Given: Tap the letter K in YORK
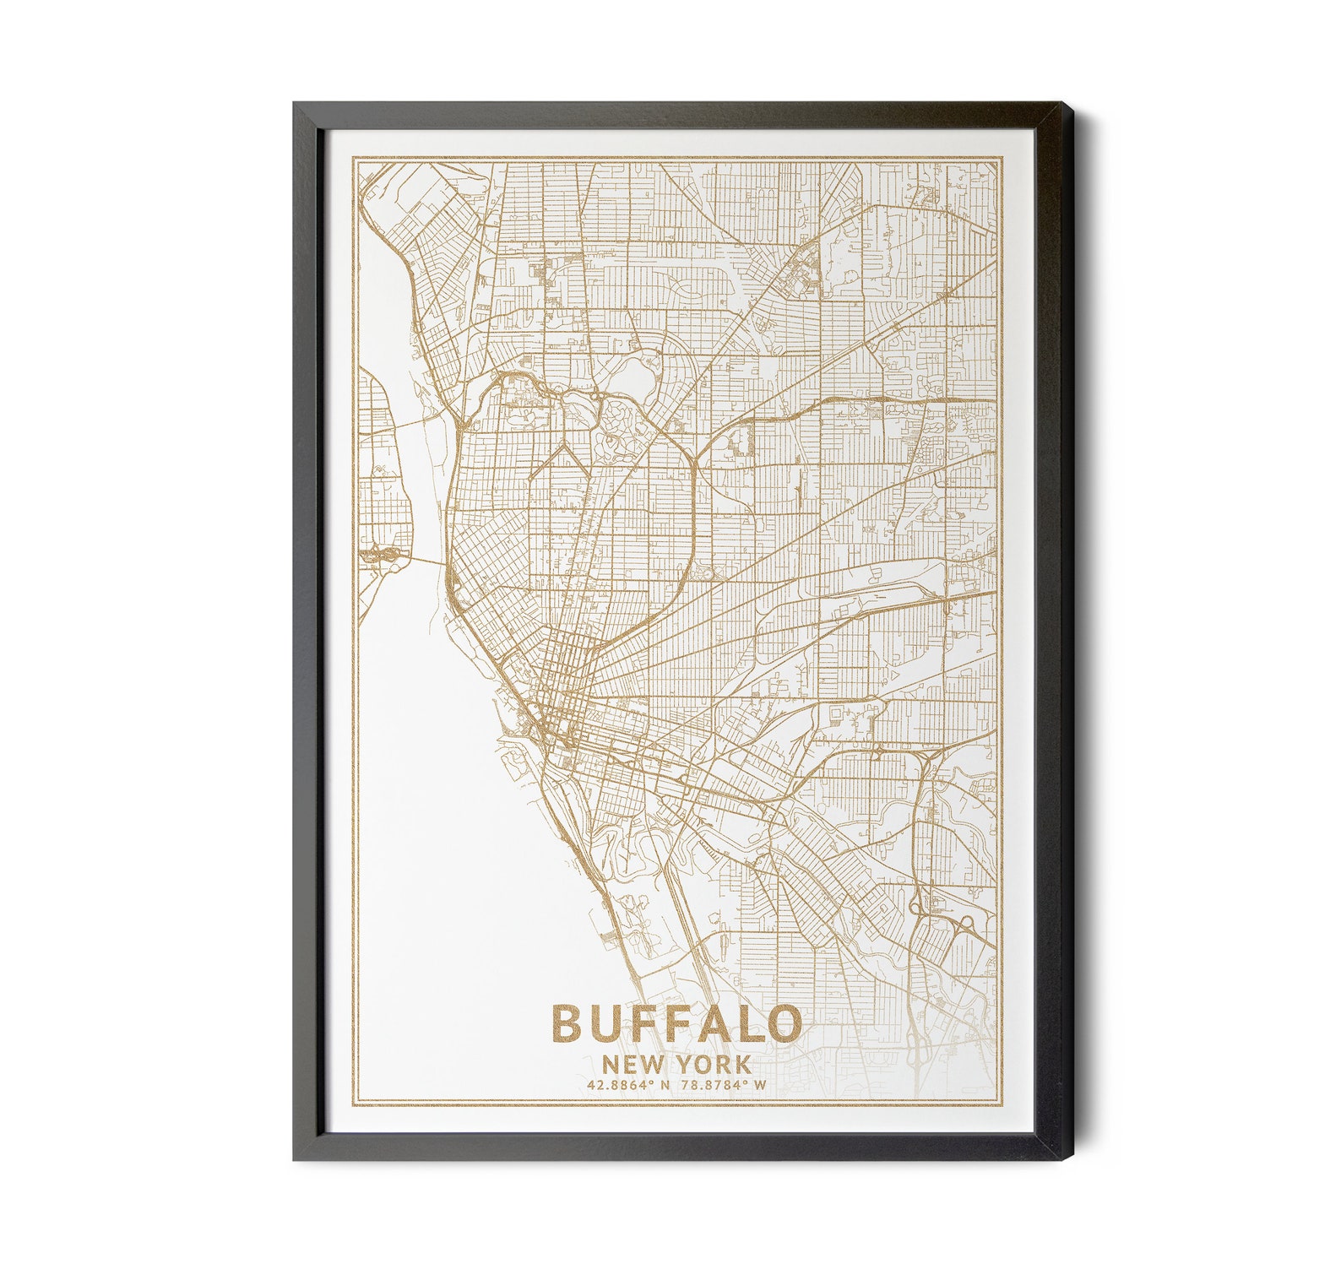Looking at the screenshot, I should pyautogui.click(x=741, y=1064).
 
